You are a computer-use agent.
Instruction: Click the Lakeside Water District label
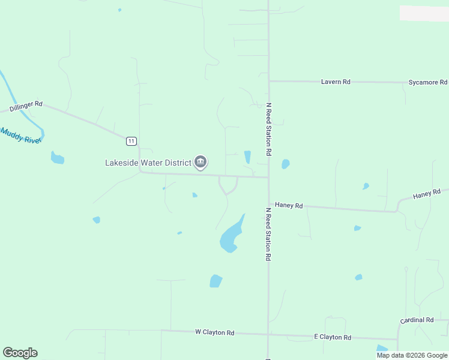coord(148,162)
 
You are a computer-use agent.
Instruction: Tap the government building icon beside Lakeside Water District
coord(200,162)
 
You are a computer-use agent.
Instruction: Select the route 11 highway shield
coord(131,141)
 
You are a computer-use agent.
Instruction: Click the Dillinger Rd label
coord(26,107)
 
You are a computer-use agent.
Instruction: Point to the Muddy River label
coord(20,135)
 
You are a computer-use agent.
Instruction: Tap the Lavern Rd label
coord(336,82)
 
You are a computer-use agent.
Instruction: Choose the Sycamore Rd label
coord(427,82)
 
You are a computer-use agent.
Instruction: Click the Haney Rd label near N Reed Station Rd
coord(288,205)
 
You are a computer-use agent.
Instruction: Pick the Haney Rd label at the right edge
coord(427,194)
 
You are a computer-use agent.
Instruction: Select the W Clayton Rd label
coord(214,332)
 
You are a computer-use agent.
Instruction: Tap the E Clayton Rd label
coord(332,337)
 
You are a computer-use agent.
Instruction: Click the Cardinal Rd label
coord(418,320)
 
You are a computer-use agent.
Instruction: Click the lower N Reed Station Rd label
coord(269,234)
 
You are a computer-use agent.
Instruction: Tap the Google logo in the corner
coord(20,353)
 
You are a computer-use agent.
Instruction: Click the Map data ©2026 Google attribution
coord(412,355)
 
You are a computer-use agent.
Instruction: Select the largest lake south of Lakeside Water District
coord(232,235)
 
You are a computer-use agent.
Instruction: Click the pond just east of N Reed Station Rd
coord(286,164)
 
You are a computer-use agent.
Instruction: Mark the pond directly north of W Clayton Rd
coord(215,281)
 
